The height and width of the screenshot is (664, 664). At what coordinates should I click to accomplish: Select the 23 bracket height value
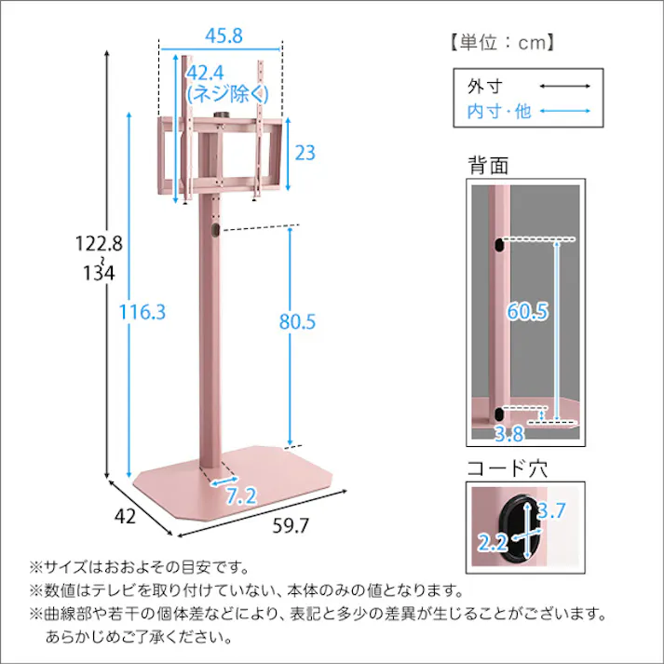(305, 153)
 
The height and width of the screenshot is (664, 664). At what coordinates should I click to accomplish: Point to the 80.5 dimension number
(298, 321)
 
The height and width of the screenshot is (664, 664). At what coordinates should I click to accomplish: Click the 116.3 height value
(142, 312)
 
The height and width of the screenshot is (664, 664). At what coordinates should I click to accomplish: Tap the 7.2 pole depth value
(240, 495)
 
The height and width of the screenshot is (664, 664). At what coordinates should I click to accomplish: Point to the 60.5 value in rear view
(526, 312)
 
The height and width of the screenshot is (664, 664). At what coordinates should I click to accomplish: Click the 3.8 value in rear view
(508, 433)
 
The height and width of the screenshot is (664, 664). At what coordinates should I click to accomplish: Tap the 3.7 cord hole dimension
(552, 510)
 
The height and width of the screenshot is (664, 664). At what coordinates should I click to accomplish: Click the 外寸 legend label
(484, 87)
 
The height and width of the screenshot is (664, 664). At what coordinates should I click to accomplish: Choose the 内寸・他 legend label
(498, 111)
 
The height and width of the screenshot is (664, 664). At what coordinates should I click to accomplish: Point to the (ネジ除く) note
(228, 93)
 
